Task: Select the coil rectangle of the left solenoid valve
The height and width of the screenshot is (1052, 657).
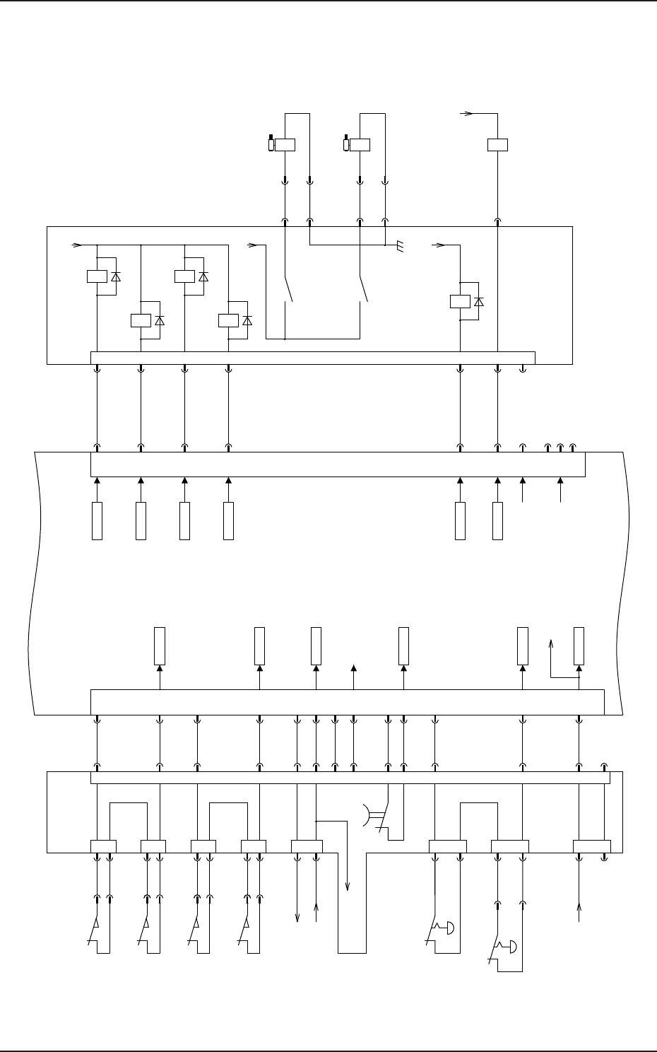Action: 285,145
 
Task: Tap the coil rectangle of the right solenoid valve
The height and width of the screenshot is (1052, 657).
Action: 360,145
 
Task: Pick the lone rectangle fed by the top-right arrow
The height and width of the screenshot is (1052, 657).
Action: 498,145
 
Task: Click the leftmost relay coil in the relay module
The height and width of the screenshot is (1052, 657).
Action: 97,276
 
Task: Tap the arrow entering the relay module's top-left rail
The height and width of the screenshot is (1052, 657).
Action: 78,245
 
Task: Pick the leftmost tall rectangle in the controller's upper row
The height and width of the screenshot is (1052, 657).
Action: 97,521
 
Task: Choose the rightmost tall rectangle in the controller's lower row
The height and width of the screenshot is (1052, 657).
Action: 579,645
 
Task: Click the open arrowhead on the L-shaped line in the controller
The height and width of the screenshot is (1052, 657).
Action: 552,643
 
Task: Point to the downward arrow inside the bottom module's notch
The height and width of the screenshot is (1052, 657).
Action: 348,887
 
